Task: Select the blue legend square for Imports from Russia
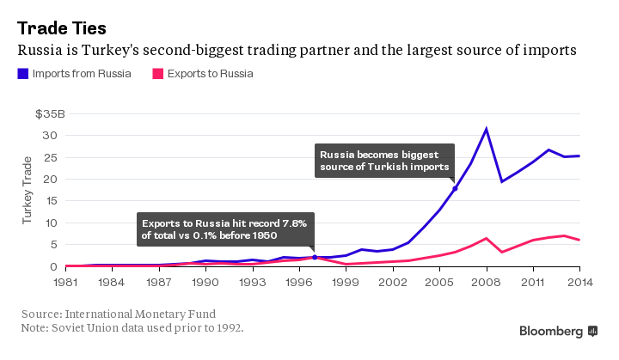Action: pyautogui.click(x=22, y=74)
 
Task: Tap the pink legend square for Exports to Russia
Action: pyautogui.click(x=157, y=74)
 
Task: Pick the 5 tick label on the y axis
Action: pyautogui.click(x=52, y=244)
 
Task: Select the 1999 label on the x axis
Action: pyautogui.click(x=346, y=281)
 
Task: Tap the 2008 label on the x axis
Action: pyautogui.click(x=487, y=281)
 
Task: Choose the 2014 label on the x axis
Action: pyautogui.click(x=579, y=281)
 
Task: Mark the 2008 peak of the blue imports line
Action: pyautogui.click(x=487, y=129)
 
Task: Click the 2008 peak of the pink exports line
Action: pyautogui.click(x=487, y=238)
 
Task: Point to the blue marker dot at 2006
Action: pyautogui.click(x=455, y=188)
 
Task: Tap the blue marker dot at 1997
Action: pyautogui.click(x=315, y=257)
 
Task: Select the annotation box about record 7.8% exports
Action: pyautogui.click(x=229, y=229)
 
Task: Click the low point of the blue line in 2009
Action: pyautogui.click(x=502, y=181)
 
